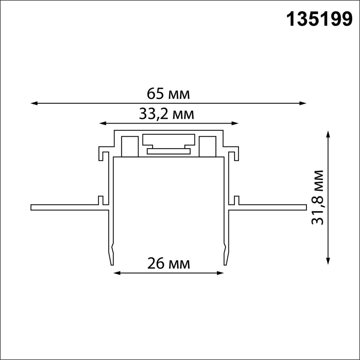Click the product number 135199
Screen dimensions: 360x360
click(x=319, y=19)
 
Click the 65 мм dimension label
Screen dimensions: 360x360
click(x=168, y=94)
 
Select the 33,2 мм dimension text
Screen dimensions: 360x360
click(x=166, y=114)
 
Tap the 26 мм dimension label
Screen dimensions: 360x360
click(x=168, y=264)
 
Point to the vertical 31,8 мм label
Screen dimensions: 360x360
click(x=318, y=197)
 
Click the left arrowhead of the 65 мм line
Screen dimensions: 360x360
click(x=33, y=103)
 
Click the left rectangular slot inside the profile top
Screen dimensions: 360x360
click(x=130, y=146)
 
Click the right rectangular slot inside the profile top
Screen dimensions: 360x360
click(x=207, y=146)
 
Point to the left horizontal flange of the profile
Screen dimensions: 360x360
click(x=67, y=208)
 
